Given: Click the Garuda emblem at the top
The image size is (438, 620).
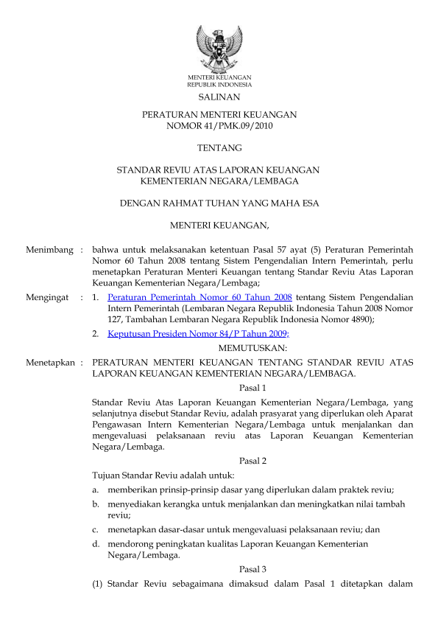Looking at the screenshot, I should (219, 48).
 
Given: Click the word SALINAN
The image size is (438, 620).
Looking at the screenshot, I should (219, 97).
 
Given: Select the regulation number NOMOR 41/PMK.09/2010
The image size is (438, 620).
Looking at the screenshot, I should (219, 126).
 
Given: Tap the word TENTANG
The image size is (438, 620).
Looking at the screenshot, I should (219, 148).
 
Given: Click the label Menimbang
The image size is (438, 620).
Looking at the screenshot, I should (49, 251).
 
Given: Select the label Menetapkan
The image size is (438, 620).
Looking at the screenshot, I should (50, 363).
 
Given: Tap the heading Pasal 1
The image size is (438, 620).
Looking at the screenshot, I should (252, 388).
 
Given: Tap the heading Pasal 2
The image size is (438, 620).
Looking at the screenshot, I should (252, 461).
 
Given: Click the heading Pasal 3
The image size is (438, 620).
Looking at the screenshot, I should (252, 569).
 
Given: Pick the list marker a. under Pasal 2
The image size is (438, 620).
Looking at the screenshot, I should (96, 490).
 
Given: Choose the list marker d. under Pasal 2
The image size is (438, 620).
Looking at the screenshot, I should (96, 544).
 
